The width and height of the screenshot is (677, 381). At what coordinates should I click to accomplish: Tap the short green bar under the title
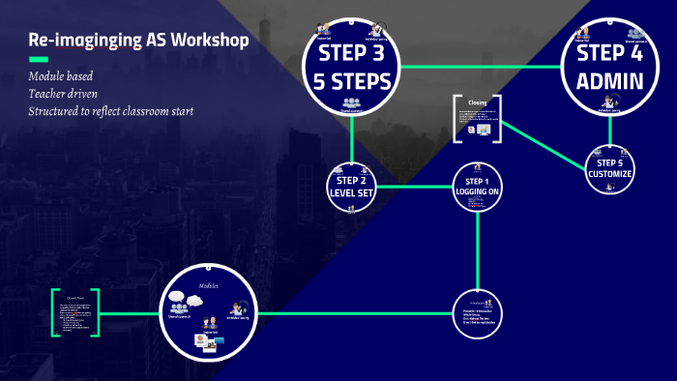[x=39, y=60]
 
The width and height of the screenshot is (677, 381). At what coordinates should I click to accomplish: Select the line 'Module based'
[x=61, y=76]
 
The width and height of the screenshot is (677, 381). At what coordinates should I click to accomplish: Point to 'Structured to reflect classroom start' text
[x=111, y=111]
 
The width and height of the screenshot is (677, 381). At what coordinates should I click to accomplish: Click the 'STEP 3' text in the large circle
[x=352, y=51]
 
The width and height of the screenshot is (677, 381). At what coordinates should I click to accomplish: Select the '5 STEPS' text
[x=352, y=80]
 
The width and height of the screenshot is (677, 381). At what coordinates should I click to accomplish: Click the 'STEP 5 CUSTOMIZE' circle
[x=608, y=168]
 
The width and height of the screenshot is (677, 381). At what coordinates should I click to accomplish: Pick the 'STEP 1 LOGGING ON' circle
[x=478, y=187]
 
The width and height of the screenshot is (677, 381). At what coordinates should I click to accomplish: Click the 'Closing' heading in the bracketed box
[x=477, y=103]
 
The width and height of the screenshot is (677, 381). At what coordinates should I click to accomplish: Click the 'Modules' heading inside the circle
[x=210, y=286]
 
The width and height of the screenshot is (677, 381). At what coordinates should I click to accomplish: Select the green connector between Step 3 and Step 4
[x=481, y=67]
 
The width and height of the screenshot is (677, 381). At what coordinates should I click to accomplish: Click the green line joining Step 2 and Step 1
[x=414, y=186]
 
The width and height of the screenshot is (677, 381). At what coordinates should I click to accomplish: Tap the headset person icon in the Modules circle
[x=236, y=309]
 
